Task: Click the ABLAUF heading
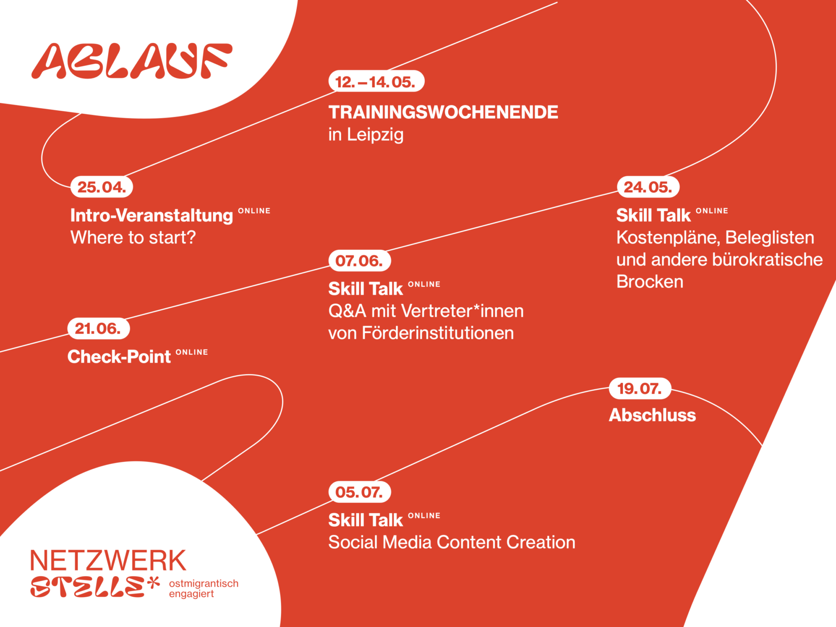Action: (x=132, y=61)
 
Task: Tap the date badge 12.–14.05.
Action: (x=376, y=81)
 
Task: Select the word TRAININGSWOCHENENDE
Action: (x=443, y=112)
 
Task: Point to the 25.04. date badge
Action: (x=102, y=187)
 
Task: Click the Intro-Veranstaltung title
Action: (x=152, y=215)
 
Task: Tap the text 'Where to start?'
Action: (x=133, y=238)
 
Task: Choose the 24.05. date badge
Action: (x=648, y=187)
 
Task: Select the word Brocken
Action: (x=650, y=282)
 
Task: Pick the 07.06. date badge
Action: (x=359, y=261)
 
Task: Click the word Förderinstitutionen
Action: (x=438, y=333)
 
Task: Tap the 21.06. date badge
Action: (x=99, y=329)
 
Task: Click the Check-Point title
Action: (x=119, y=357)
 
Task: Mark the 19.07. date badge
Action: (x=640, y=389)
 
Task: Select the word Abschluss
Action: (x=653, y=415)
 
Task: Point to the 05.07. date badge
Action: (x=359, y=492)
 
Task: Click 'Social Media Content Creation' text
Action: (x=452, y=542)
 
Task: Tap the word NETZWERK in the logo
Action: (x=108, y=560)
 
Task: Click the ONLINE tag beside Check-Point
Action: (x=192, y=352)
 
